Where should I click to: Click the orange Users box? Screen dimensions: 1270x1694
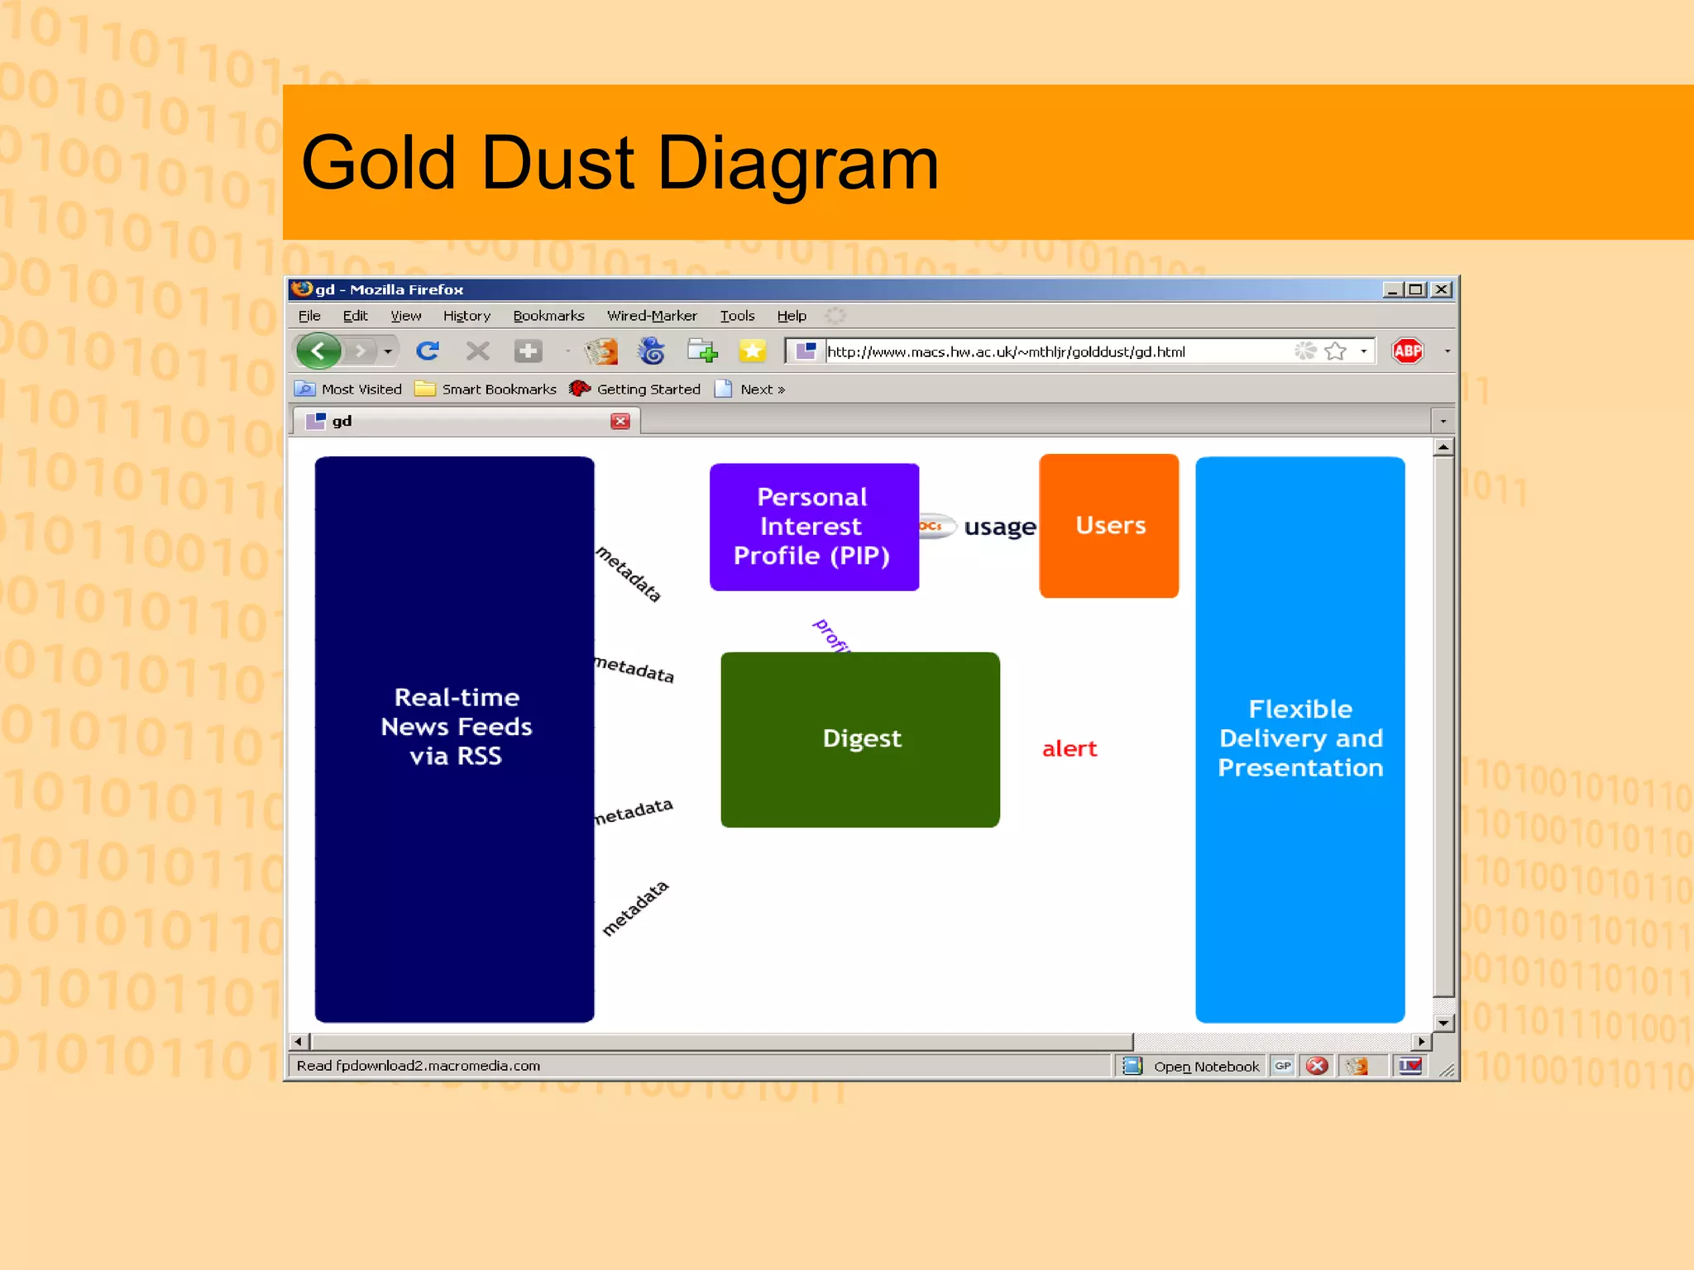coord(1108,526)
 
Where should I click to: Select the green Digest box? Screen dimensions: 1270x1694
coord(860,738)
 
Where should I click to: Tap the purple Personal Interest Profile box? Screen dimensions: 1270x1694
coord(813,527)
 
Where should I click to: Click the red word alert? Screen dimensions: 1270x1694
coord(1069,749)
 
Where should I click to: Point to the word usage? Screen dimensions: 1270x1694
coord(999,527)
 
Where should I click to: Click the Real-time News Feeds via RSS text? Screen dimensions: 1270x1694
coord(456,727)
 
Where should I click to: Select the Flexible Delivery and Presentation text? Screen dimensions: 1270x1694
coord(1299,738)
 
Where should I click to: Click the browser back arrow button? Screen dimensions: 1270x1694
coord(318,351)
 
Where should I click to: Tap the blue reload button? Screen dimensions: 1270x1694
coord(428,351)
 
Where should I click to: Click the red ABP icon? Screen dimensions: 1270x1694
coord(1407,351)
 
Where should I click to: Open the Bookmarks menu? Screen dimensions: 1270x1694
coord(548,316)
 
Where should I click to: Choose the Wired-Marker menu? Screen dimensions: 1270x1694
coord(652,316)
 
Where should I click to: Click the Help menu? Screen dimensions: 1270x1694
coord(792,316)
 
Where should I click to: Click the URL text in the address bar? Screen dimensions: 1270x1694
coord(1006,352)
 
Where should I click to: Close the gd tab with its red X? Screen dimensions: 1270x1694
coord(620,422)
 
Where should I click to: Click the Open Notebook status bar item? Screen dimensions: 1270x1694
coord(1205,1067)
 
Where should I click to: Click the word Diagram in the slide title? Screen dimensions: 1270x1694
coord(797,164)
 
